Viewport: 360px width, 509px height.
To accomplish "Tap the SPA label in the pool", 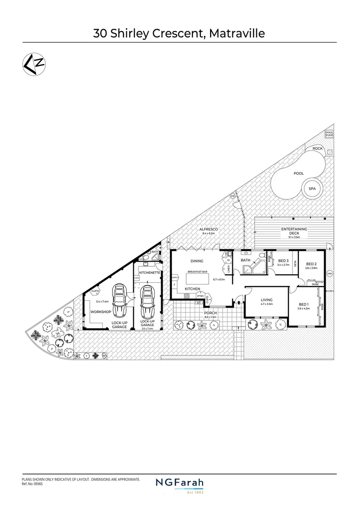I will pyautogui.click(x=311, y=189).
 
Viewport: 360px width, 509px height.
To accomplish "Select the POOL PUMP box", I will pyautogui.click(x=330, y=134).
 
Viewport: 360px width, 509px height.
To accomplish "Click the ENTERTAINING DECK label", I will pyautogui.click(x=294, y=231).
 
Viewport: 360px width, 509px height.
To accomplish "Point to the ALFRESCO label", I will pyautogui.click(x=208, y=229).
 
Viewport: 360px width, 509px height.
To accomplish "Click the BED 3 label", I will pyautogui.click(x=283, y=261).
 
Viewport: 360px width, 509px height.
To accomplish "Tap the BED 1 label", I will pyautogui.click(x=304, y=304).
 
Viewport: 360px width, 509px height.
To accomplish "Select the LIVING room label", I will pyautogui.click(x=266, y=300).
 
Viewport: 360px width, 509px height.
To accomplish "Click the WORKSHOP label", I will pyautogui.click(x=101, y=312).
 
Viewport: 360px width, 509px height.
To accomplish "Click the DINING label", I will pyautogui.click(x=196, y=261).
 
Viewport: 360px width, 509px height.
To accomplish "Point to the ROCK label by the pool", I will pyautogui.click(x=318, y=148).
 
